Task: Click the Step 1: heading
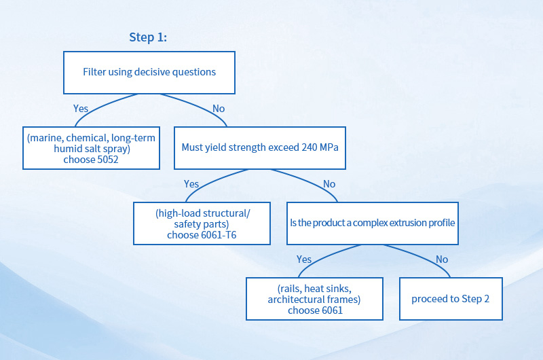point(148,37)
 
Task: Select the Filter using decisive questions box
point(149,73)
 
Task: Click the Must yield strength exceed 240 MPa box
point(260,148)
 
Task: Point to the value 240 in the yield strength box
point(309,147)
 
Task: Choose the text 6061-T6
point(219,235)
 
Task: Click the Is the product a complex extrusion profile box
point(372,223)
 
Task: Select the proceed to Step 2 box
point(451,299)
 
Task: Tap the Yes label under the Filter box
point(81,109)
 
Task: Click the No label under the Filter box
point(219,109)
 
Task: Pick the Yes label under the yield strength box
point(191,183)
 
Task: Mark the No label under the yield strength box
point(329,183)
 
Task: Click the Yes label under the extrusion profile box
point(303,259)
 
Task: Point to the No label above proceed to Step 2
point(442,259)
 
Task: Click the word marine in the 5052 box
point(46,138)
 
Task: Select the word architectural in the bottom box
point(295,300)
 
